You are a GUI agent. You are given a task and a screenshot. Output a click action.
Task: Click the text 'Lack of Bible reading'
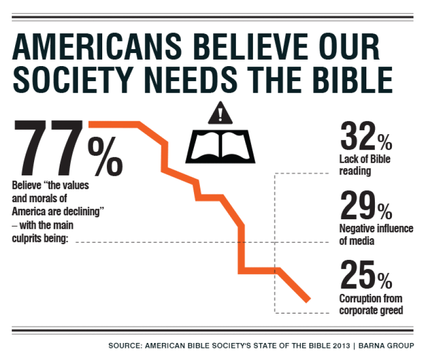coord(364,166)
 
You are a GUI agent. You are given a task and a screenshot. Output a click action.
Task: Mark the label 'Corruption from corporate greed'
coord(371,305)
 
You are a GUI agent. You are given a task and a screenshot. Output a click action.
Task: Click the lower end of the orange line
coord(307,299)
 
